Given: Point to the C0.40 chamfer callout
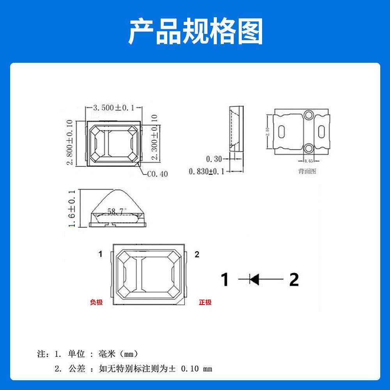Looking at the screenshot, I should (158, 174).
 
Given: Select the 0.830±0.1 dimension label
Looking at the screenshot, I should (207, 171).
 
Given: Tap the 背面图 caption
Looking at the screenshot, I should (307, 171).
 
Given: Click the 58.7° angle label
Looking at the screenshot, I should (116, 211).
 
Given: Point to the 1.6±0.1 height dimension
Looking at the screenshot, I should (71, 209).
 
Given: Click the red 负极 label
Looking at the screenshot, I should (96, 302).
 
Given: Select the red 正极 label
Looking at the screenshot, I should (205, 302).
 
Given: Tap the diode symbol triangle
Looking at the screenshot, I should (255, 279).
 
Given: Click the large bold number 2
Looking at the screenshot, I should (294, 279).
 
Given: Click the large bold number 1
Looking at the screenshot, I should (225, 279).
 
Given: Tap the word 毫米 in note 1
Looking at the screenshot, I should (107, 354).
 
